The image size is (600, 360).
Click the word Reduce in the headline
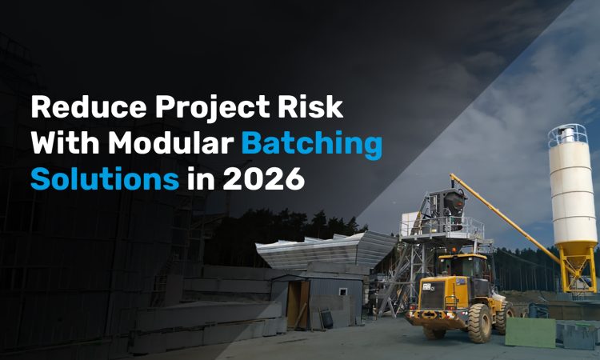89,106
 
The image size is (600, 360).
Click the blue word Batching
312,146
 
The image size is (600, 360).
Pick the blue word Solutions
105,178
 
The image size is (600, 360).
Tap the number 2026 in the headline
264,178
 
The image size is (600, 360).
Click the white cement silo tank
573,193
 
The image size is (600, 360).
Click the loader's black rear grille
433,295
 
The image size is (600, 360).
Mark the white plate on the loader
426,286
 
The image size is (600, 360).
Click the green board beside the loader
530,333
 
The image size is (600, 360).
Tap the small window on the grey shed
343,292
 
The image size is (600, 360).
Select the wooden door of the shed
298,305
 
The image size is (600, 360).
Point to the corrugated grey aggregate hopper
326,250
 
